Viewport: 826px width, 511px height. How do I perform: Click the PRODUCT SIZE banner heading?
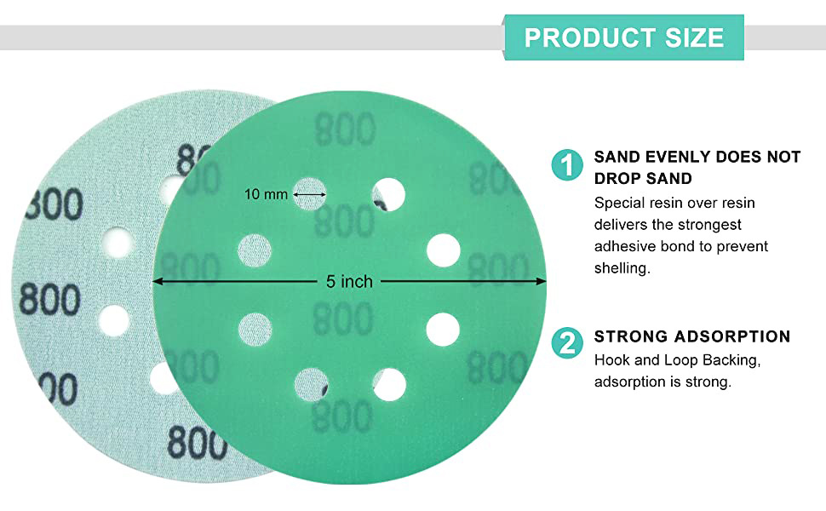tap(623, 38)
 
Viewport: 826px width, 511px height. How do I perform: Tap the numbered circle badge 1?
tap(567, 165)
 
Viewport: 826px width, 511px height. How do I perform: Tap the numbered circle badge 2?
tap(567, 343)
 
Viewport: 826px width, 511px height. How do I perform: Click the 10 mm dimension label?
tap(266, 194)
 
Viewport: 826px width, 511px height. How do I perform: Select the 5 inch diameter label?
tap(349, 282)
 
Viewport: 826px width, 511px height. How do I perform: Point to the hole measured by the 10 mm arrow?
tap(310, 194)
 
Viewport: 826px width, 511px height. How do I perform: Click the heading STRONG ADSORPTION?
tap(692, 336)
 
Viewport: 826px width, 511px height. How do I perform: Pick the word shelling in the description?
tap(622, 268)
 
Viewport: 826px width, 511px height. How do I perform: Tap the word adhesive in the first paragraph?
tap(625, 246)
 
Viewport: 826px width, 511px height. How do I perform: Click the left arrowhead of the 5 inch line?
tap(157, 282)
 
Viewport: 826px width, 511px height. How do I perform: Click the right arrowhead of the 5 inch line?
tap(541, 282)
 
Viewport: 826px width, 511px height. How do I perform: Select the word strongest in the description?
tap(709, 225)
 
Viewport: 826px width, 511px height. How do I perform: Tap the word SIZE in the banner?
tap(694, 38)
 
